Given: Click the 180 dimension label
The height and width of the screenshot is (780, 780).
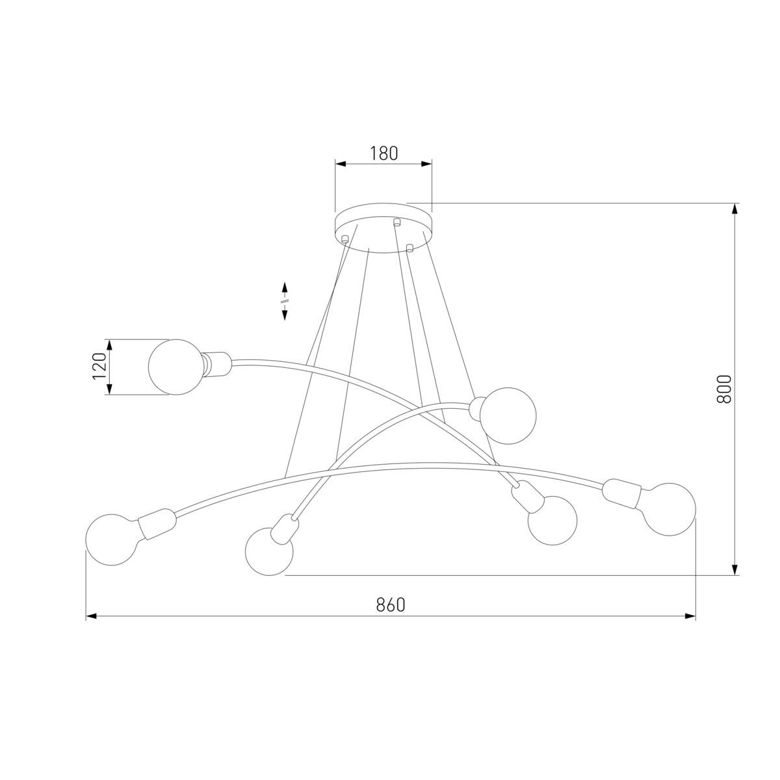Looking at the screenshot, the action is pyautogui.click(x=383, y=153).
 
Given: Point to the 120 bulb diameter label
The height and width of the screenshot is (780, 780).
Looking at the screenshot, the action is pyautogui.click(x=99, y=367).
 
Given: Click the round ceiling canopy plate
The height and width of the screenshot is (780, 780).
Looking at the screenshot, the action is pyautogui.click(x=383, y=228).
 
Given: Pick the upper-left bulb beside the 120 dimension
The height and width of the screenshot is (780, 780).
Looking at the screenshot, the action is pyautogui.click(x=175, y=367).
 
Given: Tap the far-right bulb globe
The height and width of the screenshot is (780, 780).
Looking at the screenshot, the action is pyautogui.click(x=669, y=509).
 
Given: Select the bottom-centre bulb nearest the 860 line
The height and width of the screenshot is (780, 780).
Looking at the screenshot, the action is pyautogui.click(x=268, y=551).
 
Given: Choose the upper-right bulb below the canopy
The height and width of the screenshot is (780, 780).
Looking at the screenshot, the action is pyautogui.click(x=508, y=416).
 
